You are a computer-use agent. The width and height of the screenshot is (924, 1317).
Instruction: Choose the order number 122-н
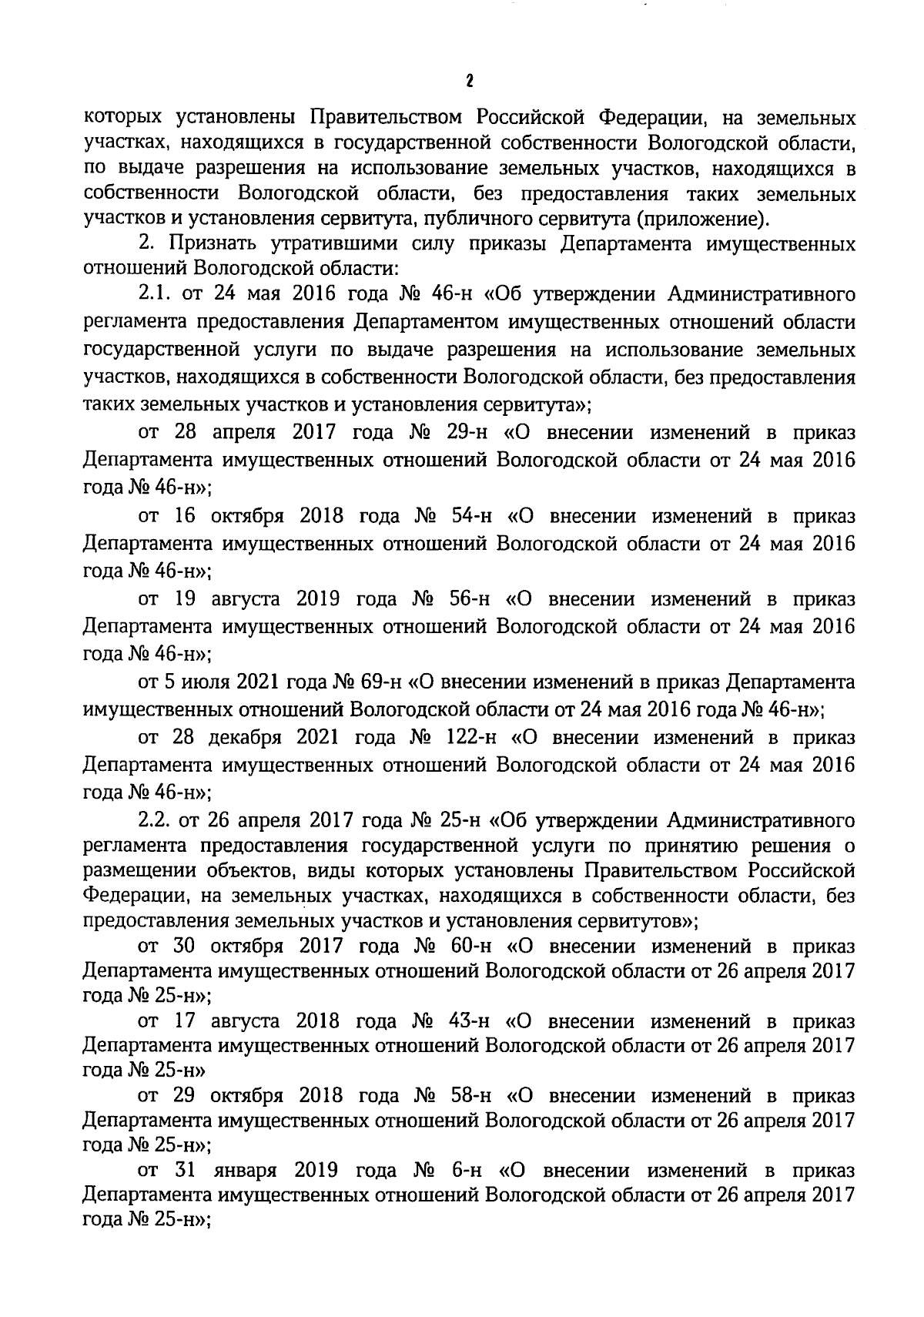471,737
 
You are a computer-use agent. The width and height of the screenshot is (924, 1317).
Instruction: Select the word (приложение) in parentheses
701,219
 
